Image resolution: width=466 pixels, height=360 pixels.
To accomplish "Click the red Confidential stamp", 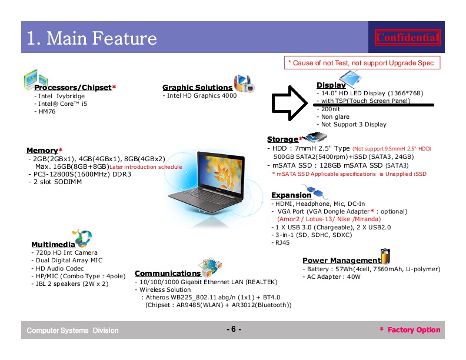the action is (x=407, y=37).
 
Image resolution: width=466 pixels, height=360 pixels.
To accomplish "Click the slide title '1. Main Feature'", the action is (x=92, y=38).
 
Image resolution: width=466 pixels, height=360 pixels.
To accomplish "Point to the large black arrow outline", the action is (x=289, y=103).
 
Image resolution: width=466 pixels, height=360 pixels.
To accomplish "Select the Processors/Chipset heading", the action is (x=73, y=87).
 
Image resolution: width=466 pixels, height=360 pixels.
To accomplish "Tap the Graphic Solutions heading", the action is (x=197, y=87).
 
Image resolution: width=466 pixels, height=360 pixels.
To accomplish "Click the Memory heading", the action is (x=42, y=151).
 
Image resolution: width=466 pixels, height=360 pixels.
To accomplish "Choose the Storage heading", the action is (x=282, y=139).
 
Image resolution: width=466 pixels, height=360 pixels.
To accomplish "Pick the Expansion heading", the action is (x=291, y=195).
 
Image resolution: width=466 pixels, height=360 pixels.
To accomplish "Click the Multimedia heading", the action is (x=53, y=245).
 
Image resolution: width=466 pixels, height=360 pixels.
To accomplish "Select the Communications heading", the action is (x=168, y=274).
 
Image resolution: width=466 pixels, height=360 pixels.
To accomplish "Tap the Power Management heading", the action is (x=342, y=260).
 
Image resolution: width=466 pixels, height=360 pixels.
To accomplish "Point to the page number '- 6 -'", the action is (x=234, y=329).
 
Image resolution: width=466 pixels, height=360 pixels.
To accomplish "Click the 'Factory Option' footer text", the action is (x=414, y=329).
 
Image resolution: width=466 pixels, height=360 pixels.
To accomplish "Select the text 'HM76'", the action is (x=47, y=111).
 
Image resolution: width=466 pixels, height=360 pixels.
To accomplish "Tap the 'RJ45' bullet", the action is (x=282, y=242).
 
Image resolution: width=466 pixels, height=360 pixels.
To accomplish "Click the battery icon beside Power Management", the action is (x=385, y=256).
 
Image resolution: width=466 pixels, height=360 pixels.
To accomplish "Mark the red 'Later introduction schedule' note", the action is (x=146, y=167).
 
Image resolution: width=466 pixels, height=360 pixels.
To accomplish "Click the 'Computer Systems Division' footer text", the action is (x=72, y=331).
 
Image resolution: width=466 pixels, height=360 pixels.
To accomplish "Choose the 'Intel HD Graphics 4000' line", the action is (x=202, y=96).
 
